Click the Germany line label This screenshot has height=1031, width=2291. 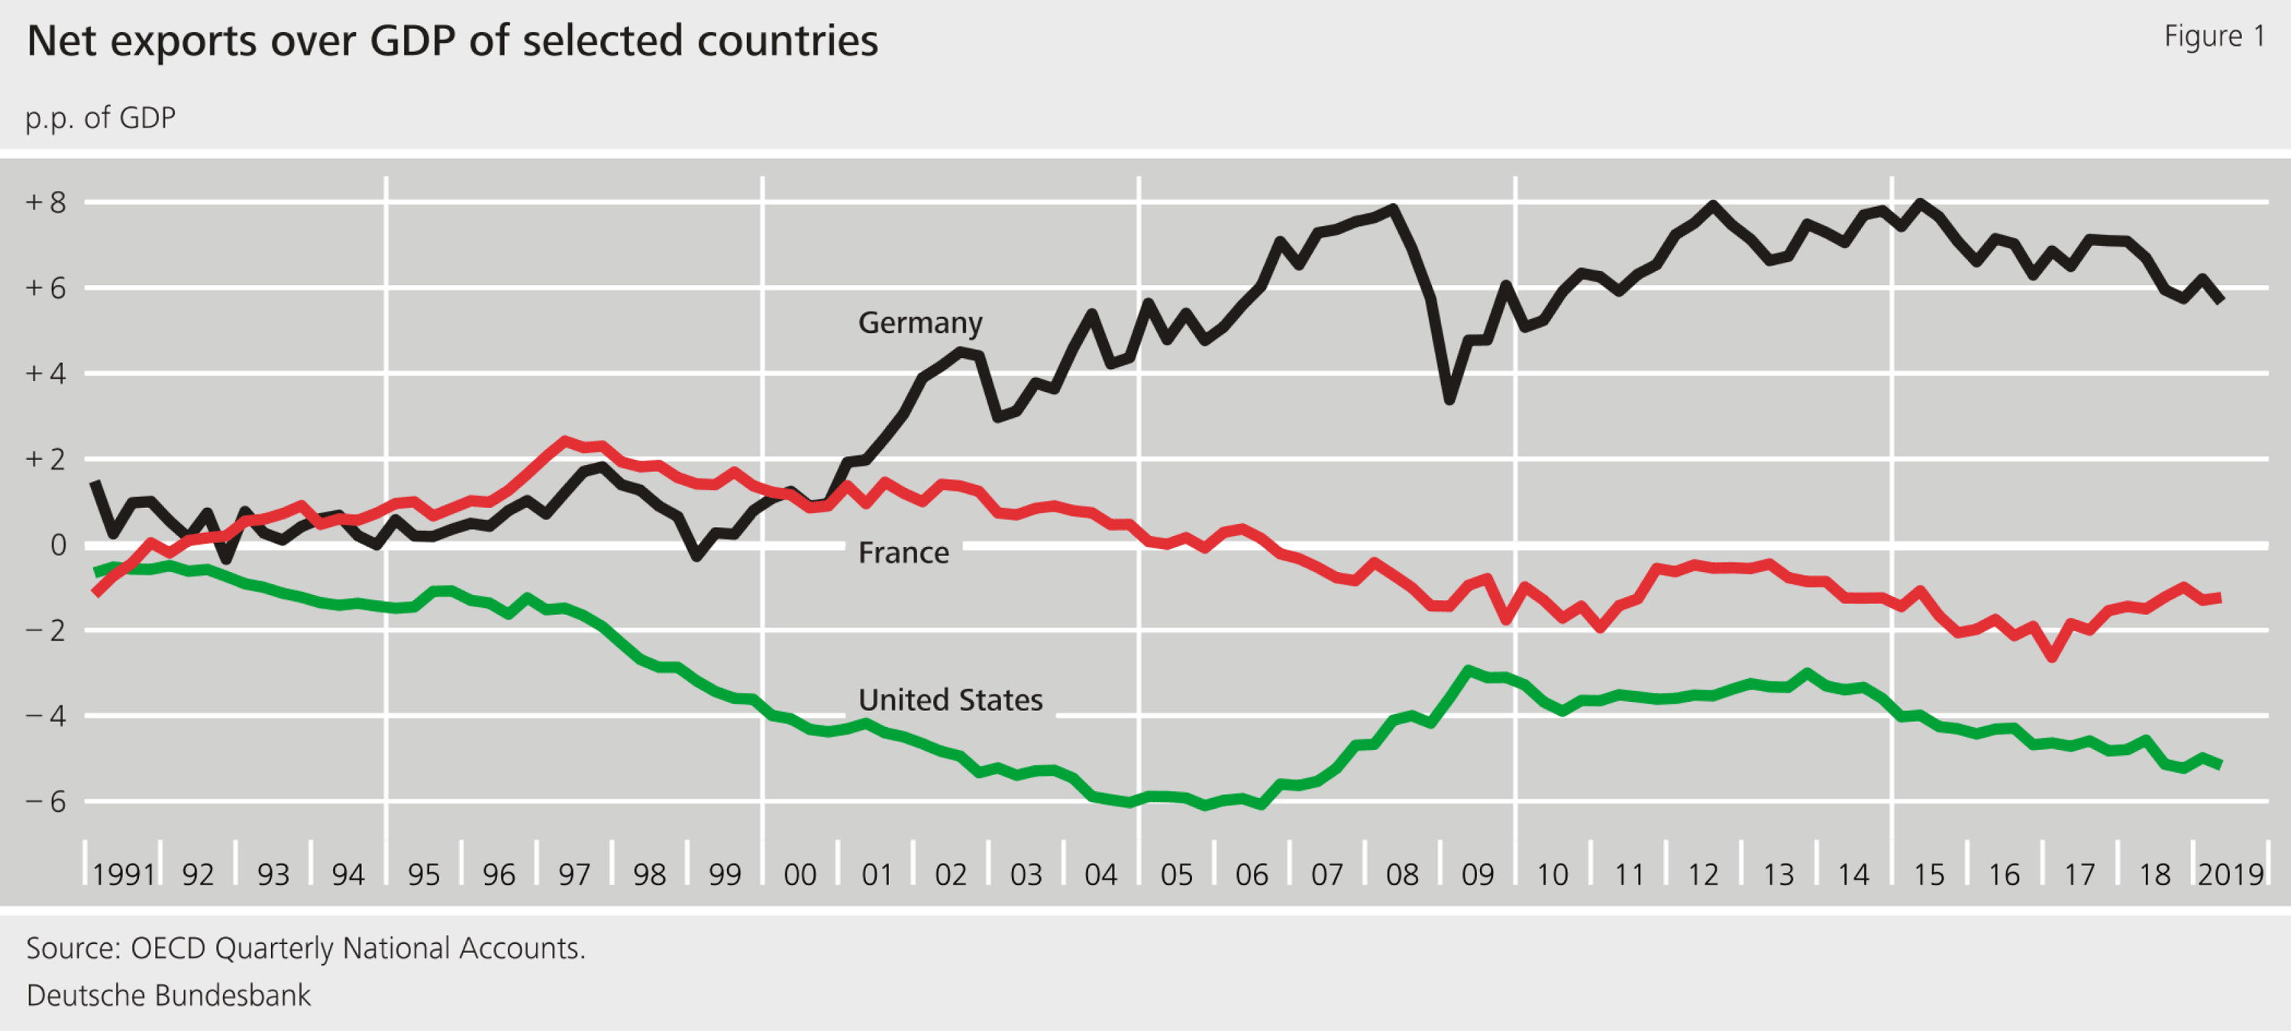[919, 322]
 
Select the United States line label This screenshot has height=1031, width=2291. [950, 700]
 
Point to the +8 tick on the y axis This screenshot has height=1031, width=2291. [47, 203]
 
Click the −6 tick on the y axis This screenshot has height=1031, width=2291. [47, 801]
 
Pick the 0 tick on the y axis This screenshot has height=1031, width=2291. [58, 545]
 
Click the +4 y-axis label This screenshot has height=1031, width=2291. [47, 373]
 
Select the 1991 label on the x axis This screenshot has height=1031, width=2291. [124, 875]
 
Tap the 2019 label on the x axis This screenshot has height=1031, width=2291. [2231, 875]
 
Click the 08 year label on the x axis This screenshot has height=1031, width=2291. [1403, 875]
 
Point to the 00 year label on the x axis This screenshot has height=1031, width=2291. [800, 875]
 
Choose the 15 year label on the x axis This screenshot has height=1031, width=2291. [1929, 875]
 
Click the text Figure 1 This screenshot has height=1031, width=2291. [2214, 37]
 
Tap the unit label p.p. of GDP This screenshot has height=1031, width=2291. [101, 118]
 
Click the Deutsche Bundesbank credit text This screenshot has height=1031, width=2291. [169, 995]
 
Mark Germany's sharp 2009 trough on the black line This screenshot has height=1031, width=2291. [1449, 400]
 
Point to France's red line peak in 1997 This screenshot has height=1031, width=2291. [564, 441]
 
